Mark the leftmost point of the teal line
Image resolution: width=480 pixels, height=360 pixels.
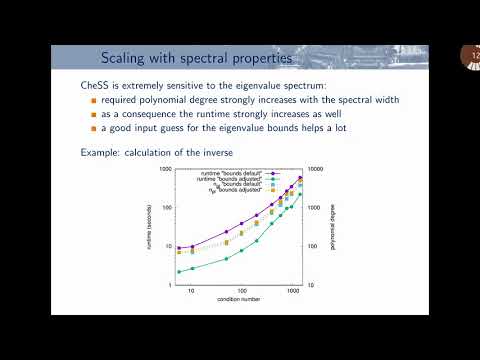click(x=178, y=272)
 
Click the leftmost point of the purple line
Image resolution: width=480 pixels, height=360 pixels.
click(x=178, y=248)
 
